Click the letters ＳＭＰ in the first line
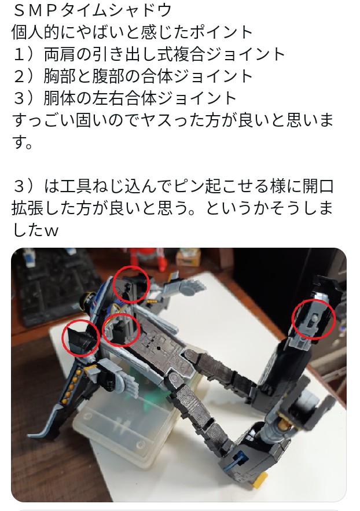[36, 11]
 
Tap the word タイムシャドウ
[116, 11]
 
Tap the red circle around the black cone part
[81, 337]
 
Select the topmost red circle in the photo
[131, 284]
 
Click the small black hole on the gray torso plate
[159, 348]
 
